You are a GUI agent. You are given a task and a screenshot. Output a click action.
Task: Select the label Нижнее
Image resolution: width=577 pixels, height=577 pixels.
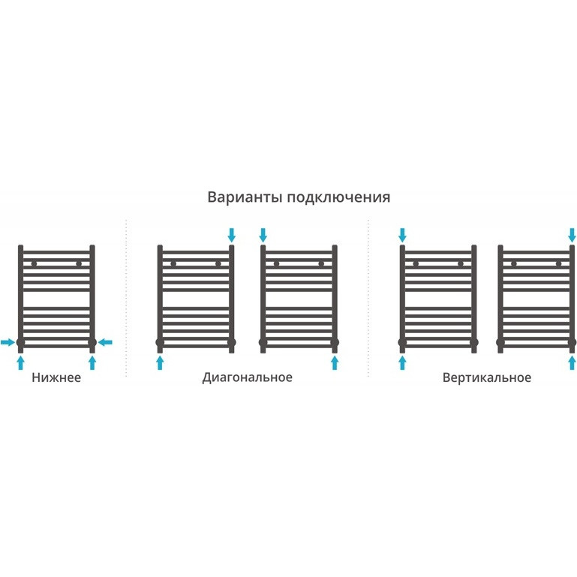(56, 377)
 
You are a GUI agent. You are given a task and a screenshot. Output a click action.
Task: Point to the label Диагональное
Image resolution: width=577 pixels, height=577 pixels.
(247, 377)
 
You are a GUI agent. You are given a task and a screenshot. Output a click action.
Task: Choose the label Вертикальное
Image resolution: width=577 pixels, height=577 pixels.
(486, 377)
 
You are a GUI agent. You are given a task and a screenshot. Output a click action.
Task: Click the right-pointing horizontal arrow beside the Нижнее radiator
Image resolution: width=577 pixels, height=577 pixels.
(8, 343)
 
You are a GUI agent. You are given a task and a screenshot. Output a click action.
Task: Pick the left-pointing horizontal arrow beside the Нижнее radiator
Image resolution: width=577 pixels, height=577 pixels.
(105, 343)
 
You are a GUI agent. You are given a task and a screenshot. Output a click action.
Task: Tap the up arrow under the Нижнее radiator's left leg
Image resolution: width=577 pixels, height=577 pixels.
(20, 363)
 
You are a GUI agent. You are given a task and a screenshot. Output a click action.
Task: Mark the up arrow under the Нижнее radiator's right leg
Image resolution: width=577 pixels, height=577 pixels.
(92, 363)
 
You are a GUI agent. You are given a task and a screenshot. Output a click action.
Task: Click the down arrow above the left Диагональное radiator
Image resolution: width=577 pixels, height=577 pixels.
(231, 234)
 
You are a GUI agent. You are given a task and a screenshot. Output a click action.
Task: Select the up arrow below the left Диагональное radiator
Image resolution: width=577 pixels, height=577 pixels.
(160, 363)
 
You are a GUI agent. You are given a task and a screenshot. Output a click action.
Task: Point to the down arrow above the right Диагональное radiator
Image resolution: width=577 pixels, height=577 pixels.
(263, 234)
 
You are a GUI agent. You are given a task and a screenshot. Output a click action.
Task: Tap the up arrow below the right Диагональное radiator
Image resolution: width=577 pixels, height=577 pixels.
(334, 363)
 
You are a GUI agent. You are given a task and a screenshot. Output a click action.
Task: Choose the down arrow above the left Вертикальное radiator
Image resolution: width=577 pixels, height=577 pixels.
(402, 234)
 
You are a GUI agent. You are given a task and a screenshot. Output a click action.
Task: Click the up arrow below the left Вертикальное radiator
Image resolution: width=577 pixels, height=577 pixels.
(402, 363)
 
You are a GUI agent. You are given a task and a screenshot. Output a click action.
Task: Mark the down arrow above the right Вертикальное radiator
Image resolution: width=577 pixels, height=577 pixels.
(572, 234)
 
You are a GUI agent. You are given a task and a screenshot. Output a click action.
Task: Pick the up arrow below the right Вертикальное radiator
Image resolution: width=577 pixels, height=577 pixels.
(572, 363)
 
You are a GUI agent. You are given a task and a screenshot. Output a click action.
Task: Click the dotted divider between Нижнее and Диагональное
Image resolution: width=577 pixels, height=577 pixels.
(126, 300)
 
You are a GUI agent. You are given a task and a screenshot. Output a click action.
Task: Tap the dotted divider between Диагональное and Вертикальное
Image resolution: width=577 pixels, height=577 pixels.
(368, 300)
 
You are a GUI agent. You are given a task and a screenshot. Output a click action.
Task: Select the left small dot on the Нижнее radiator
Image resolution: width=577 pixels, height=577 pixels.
(34, 263)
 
